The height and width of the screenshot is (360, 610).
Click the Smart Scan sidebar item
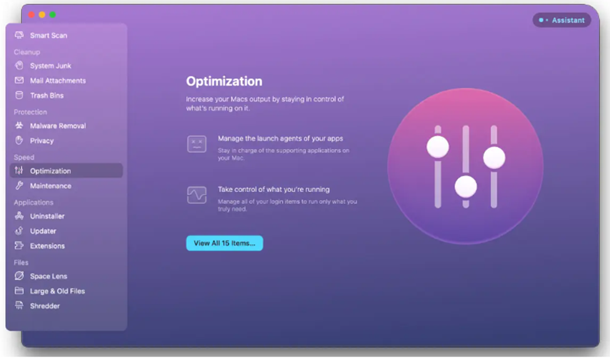[x=41, y=36]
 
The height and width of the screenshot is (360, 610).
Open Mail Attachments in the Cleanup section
[x=50, y=81]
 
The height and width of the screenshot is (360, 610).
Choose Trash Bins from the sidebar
[x=39, y=95]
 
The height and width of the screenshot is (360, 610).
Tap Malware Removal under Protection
[x=50, y=126]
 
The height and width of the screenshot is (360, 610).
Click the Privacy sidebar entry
[x=34, y=140]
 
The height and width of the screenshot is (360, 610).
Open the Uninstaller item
[x=39, y=216]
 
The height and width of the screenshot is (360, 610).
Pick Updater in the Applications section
[x=36, y=231]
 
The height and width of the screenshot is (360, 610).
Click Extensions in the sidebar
[x=39, y=245]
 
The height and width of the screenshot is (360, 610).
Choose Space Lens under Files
[x=41, y=276]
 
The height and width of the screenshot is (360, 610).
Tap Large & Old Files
[x=49, y=291]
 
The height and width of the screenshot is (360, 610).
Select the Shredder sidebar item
[x=38, y=306]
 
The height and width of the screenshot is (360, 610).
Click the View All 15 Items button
[x=225, y=244]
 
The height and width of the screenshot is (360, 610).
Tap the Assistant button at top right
[x=562, y=20]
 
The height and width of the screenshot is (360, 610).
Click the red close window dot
[x=31, y=15]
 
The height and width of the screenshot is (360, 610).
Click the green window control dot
[x=53, y=15]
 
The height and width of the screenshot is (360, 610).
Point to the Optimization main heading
[x=224, y=81]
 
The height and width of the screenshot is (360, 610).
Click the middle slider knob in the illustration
[x=465, y=187]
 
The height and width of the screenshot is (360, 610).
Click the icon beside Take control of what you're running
[x=197, y=195]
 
